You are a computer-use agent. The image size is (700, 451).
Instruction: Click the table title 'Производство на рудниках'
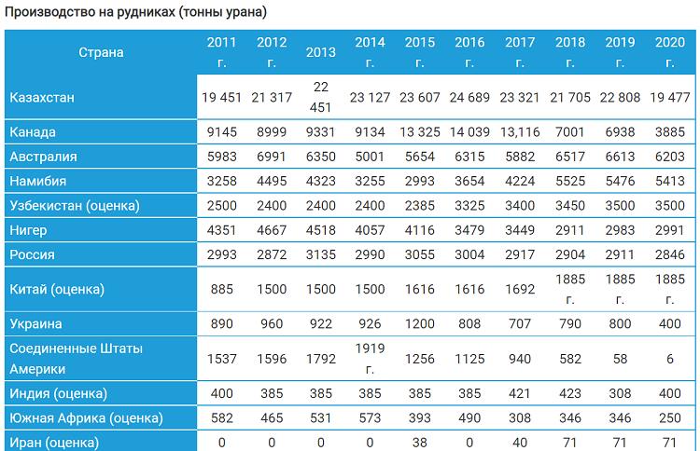tap(91, 12)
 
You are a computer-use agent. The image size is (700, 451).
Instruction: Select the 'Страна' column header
tap(101, 52)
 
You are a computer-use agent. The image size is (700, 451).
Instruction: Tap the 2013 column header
tap(320, 52)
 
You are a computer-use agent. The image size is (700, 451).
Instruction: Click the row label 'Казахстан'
tap(42, 97)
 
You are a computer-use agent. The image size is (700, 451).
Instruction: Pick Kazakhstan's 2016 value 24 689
tap(469, 97)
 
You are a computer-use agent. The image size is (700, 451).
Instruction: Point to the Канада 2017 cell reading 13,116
tap(520, 132)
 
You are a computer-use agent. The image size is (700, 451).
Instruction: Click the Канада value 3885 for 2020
tap(669, 132)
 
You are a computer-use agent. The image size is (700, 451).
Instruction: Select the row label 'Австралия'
tap(43, 157)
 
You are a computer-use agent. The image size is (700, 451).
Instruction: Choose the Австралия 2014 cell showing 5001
tap(370, 157)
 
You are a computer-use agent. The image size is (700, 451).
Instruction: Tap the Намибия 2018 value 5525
tap(570, 181)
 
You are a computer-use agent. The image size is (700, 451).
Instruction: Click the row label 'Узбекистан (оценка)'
tap(75, 205)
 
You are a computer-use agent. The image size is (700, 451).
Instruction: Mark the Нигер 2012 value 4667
tap(272, 230)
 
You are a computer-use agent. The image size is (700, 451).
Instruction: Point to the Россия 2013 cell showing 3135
tap(320, 254)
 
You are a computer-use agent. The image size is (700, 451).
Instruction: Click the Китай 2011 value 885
tap(222, 289)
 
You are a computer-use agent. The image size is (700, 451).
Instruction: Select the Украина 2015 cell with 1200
tap(420, 323)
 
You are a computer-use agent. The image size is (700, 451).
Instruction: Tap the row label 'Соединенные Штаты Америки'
tap(76, 359)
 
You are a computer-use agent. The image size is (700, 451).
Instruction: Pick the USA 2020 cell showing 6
tap(669, 359)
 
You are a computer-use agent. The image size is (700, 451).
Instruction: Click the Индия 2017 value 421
tap(520, 393)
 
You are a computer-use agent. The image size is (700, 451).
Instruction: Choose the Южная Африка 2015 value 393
tap(420, 418)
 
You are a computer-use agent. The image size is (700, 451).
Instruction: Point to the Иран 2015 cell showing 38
tap(420, 443)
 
